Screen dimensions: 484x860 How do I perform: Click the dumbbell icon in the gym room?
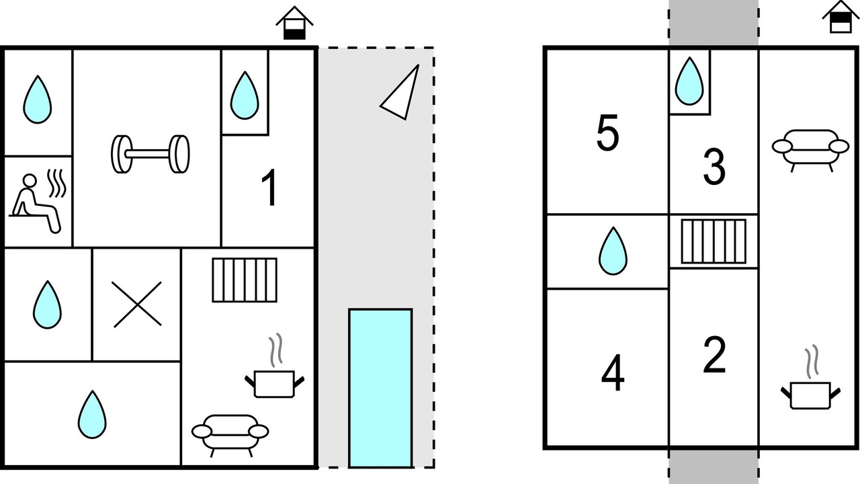[x=150, y=154]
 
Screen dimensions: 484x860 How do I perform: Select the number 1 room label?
[x=269, y=189]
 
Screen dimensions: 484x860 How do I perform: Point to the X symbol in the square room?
[x=137, y=305]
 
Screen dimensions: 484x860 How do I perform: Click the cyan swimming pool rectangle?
[x=380, y=387]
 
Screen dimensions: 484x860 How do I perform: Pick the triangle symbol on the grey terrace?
[x=402, y=93]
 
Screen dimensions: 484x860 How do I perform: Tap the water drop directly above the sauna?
[x=38, y=99]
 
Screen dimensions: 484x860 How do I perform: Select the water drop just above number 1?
[x=245, y=95]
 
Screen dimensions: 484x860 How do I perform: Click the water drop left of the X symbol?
[x=47, y=305]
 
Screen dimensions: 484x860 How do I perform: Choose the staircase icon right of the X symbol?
[x=245, y=280]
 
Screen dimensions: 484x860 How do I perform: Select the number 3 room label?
[x=714, y=167]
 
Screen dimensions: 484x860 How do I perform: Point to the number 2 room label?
[x=714, y=356]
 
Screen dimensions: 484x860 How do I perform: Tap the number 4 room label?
[x=613, y=374]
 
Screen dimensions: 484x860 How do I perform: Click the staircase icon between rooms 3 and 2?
[x=714, y=241]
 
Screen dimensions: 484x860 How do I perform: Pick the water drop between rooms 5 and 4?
[x=613, y=251]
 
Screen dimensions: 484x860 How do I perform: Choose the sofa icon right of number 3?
[x=810, y=149]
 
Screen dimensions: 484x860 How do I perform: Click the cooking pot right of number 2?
[x=810, y=390]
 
